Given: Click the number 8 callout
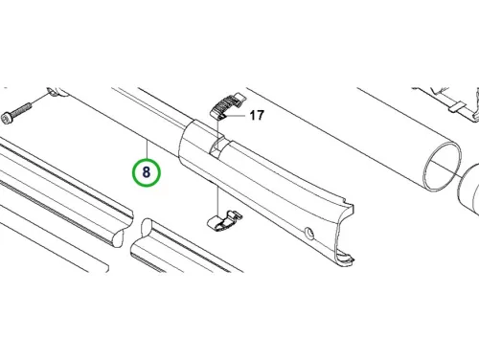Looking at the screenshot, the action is coord(147,172).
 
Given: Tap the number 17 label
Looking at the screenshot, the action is coord(257,115).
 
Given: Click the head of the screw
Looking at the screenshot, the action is coord(7,118).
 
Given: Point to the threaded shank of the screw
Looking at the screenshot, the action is coord(22,109).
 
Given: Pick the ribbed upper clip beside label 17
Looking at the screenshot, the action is coord(227,105).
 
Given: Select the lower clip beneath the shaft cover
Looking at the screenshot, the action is coord(224,220).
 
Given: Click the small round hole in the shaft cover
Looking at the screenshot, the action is coord(309,233).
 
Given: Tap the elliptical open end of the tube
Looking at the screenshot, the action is coord(443,167).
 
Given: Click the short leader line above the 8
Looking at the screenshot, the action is coord(147,149).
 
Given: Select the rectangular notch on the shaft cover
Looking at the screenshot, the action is coord(217,145).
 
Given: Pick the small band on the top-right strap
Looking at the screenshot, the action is coord(456,107).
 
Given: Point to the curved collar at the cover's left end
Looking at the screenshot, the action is coord(191,142).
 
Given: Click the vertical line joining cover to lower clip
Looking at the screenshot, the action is coord(217,199).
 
